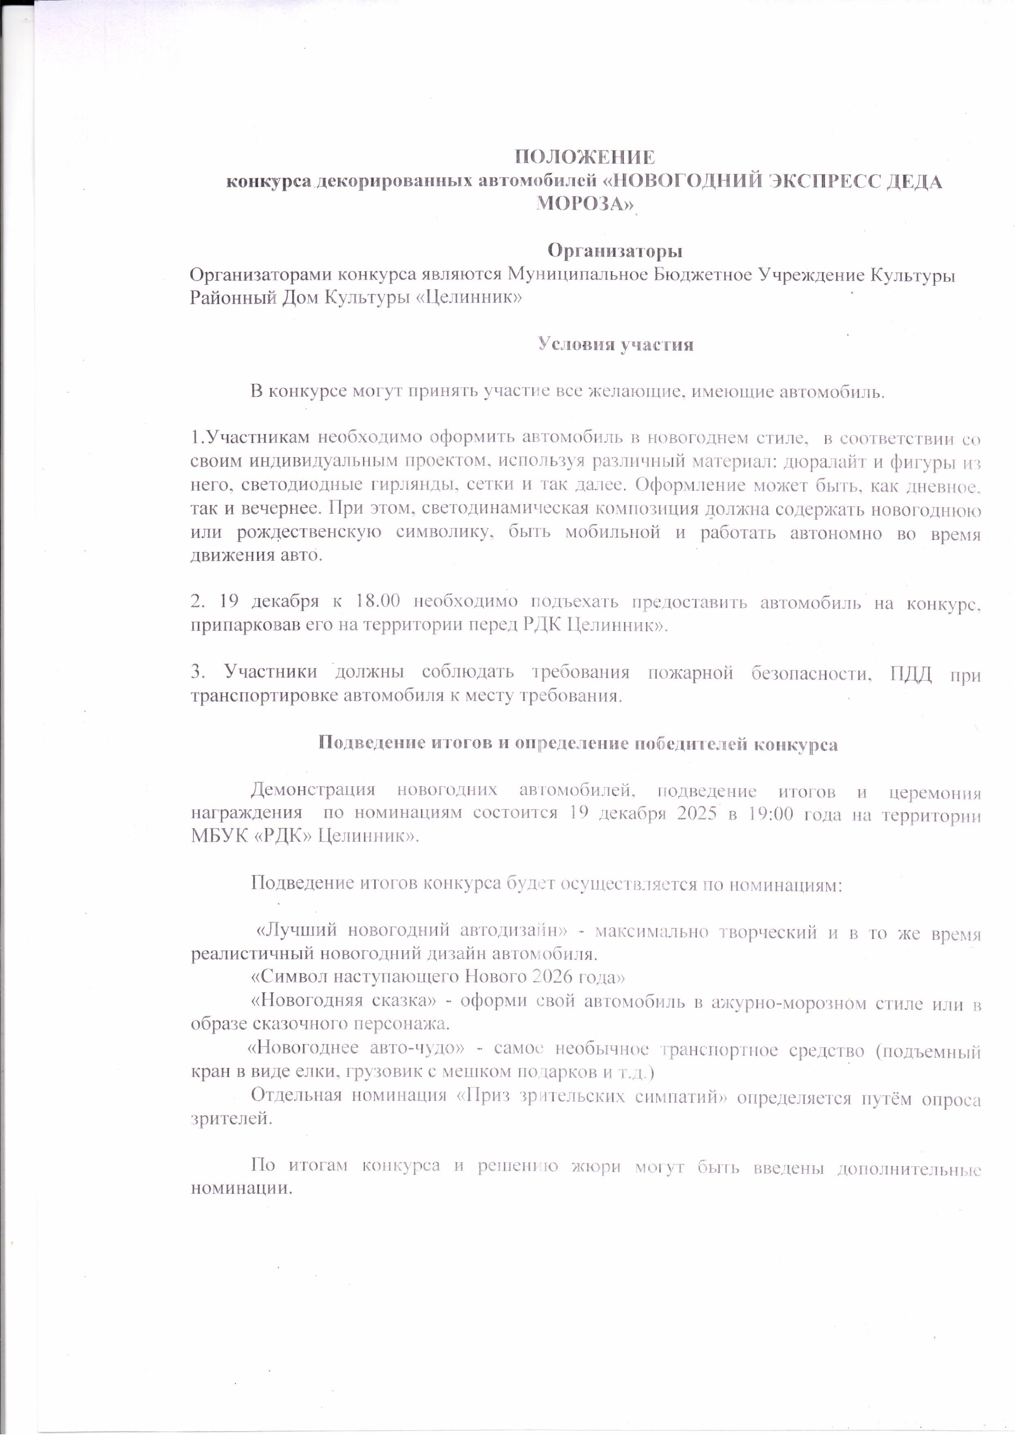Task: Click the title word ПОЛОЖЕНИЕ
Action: coord(585,156)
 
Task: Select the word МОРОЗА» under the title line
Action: coord(585,204)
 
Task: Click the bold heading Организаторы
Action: coord(615,251)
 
